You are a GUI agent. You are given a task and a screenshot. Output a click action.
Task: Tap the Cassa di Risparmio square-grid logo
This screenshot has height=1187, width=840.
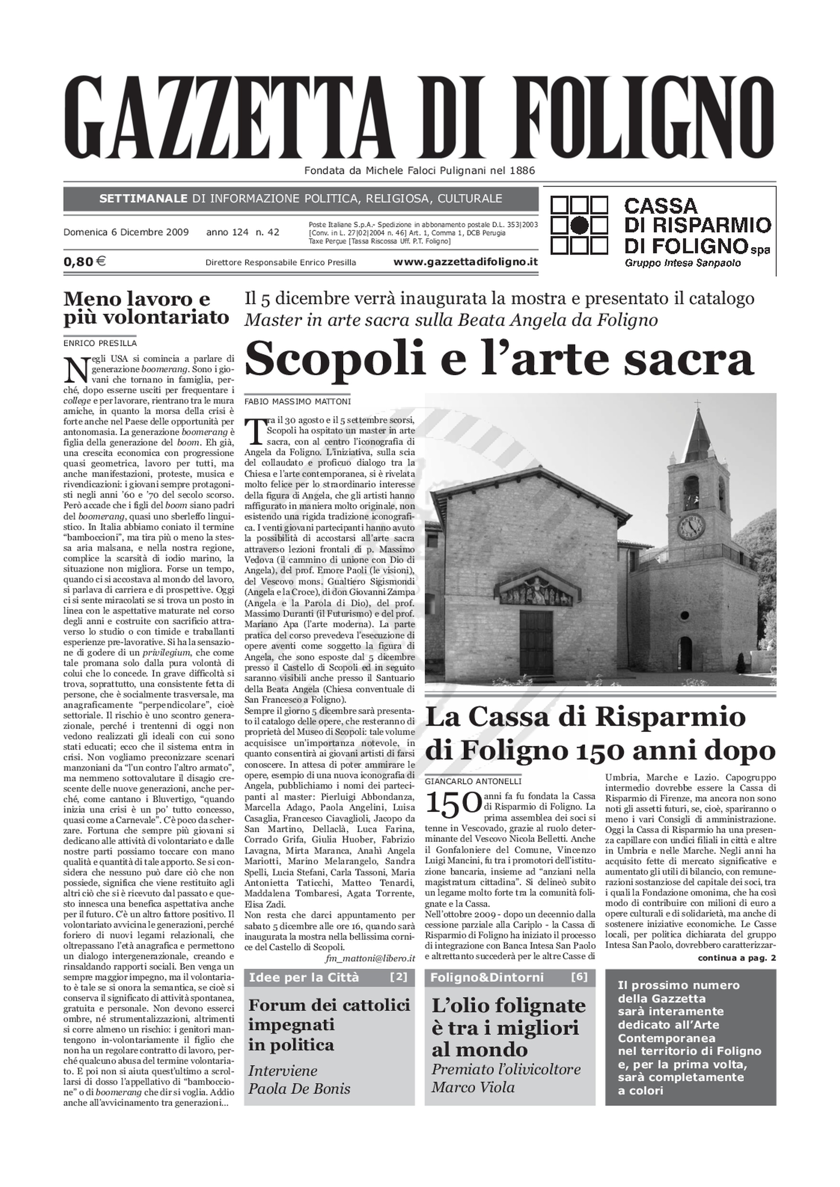pyautogui.click(x=579, y=225)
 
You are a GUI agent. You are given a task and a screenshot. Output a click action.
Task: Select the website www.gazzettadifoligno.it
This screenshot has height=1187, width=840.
pyautogui.click(x=465, y=262)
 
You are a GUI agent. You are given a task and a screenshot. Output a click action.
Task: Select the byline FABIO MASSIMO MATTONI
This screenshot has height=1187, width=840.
pyautogui.click(x=297, y=401)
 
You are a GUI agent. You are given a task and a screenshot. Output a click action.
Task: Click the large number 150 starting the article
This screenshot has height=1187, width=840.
pyautogui.click(x=453, y=804)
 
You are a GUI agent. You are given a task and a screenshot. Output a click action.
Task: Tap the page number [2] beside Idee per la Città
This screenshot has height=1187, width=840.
pyautogui.click(x=398, y=977)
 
